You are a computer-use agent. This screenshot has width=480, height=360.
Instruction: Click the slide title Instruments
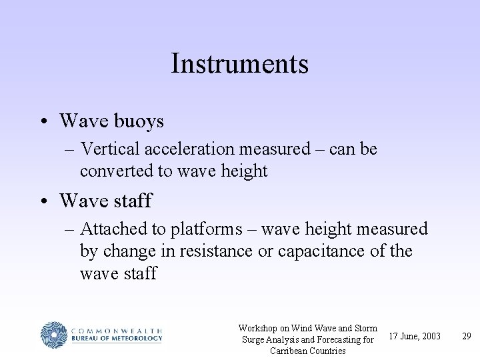(x=239, y=64)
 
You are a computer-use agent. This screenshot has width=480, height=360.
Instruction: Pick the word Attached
(x=113, y=230)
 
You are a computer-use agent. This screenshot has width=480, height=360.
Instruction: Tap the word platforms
(x=215, y=230)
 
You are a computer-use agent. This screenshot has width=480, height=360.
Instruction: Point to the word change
(x=133, y=252)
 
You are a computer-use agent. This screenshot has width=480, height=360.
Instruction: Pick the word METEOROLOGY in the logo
(x=134, y=339)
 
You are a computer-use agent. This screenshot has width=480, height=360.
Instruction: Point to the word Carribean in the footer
(x=269, y=351)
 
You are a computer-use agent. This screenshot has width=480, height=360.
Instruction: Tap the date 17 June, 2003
(x=414, y=336)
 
